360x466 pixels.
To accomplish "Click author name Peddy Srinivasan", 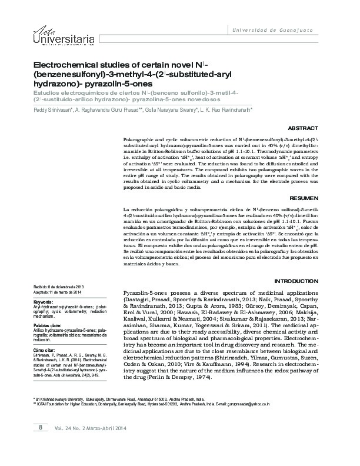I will [51, 109].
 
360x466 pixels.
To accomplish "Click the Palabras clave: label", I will [48, 325].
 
